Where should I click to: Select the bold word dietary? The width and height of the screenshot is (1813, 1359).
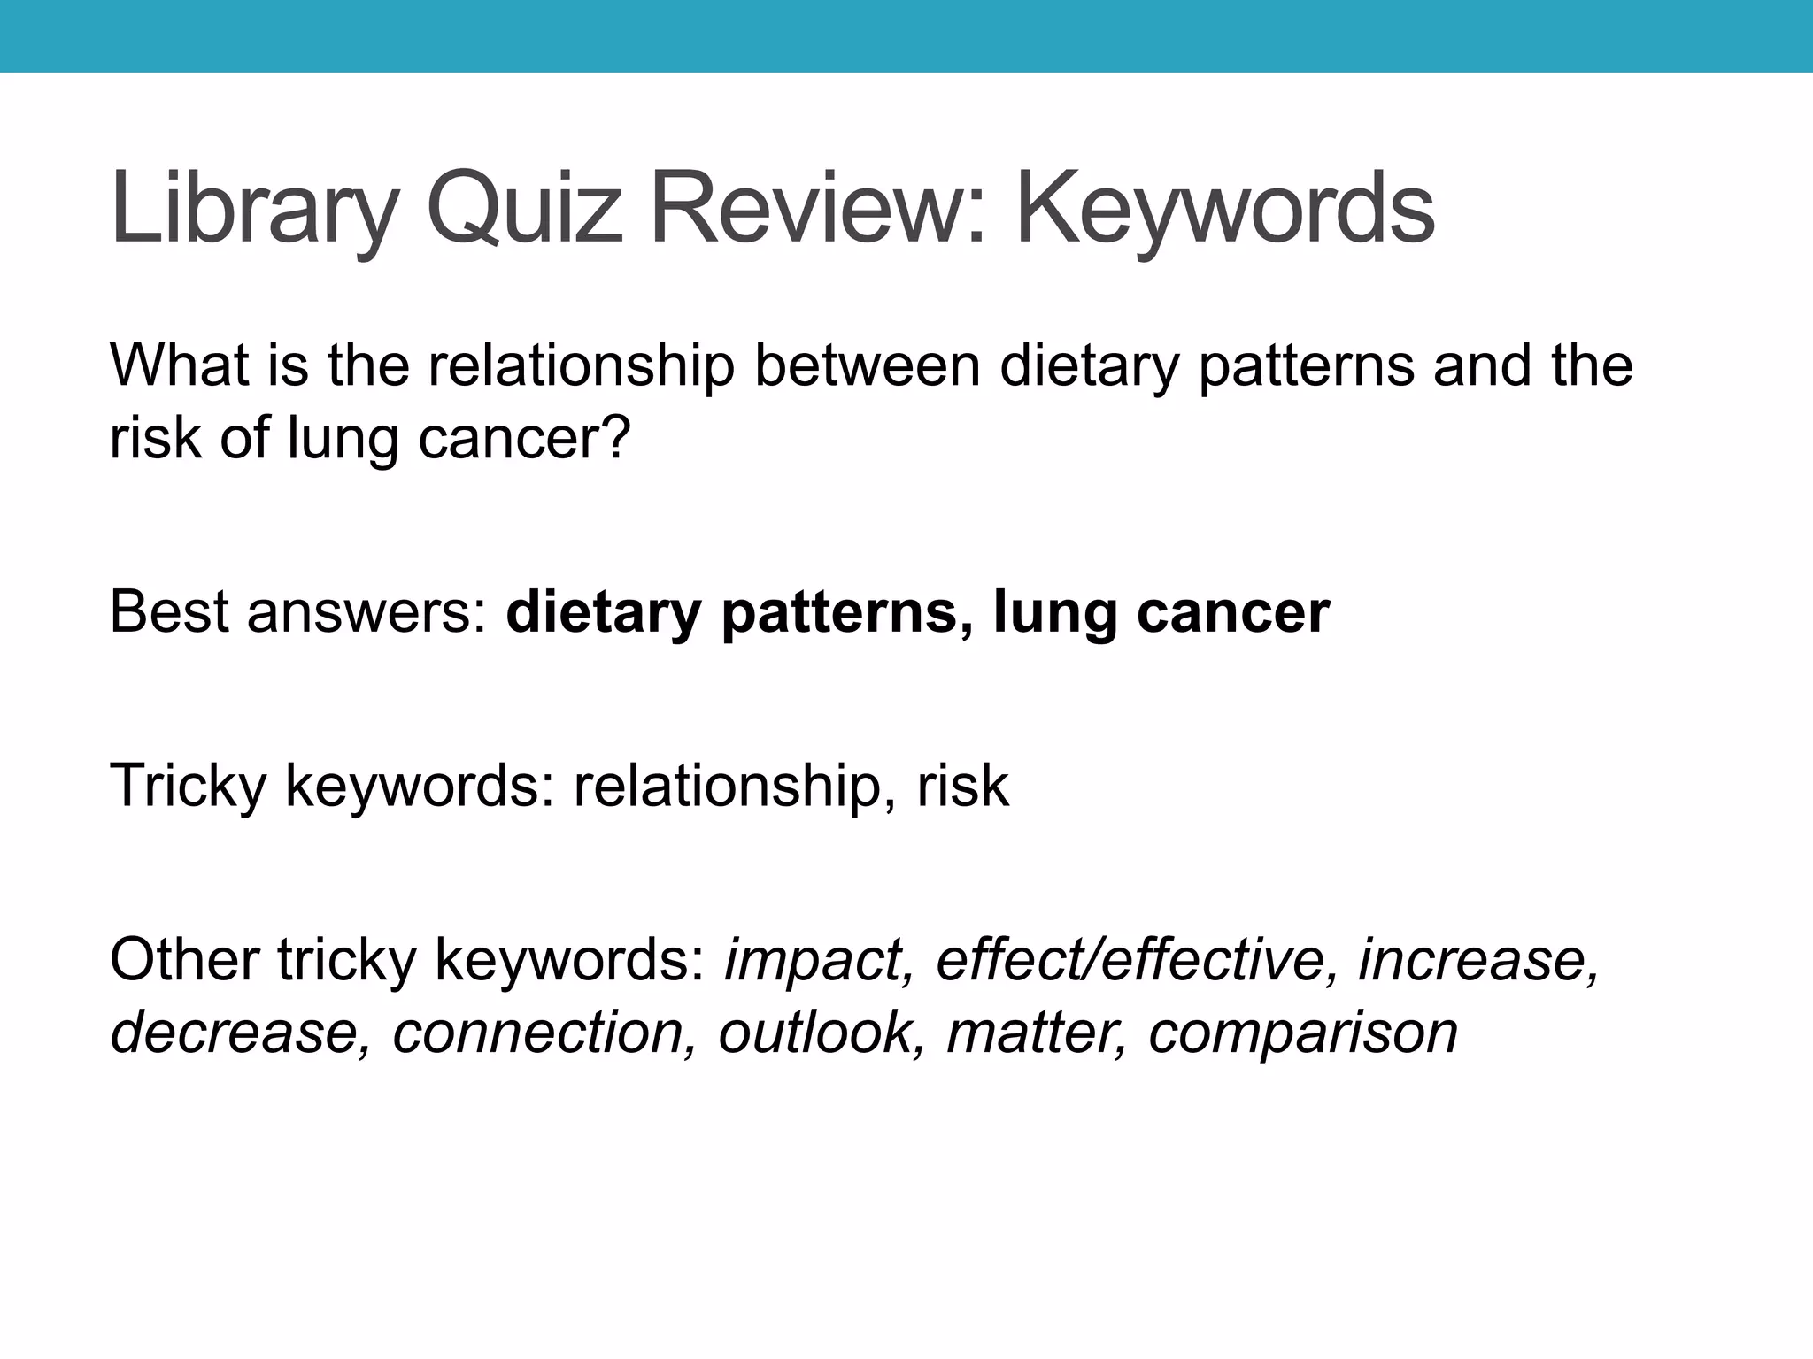click(603, 613)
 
